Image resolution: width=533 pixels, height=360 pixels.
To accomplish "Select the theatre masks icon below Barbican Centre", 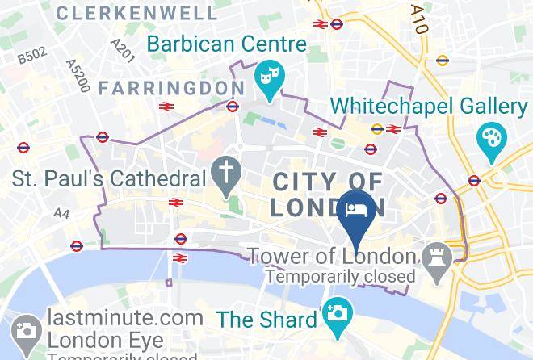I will point(267,79).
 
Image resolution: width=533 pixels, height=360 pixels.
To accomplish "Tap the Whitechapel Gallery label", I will point(430,106).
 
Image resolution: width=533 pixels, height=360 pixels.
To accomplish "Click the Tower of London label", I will point(331,257).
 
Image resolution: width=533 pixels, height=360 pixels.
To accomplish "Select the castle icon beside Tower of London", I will point(437,257).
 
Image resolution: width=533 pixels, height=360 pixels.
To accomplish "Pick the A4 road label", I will point(62,212).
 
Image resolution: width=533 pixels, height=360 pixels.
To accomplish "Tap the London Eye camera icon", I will point(25,329).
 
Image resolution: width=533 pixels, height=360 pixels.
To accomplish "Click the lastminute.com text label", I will point(125,317).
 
